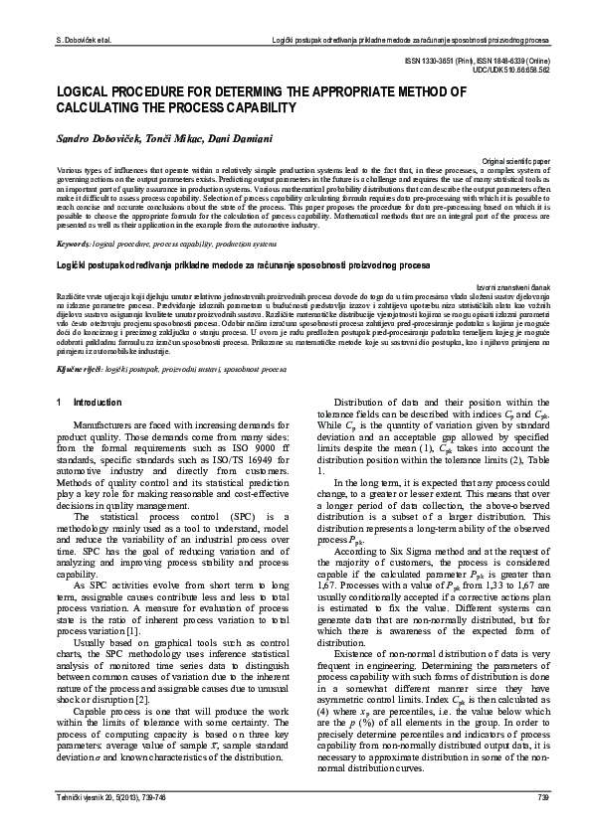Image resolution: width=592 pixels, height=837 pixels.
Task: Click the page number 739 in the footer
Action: click(x=543, y=824)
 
